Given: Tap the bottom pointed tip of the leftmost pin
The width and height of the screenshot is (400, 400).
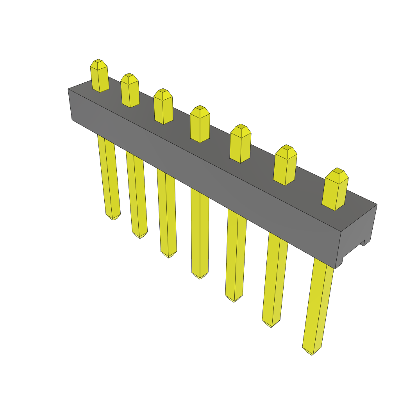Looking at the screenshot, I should [x=113, y=217].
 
